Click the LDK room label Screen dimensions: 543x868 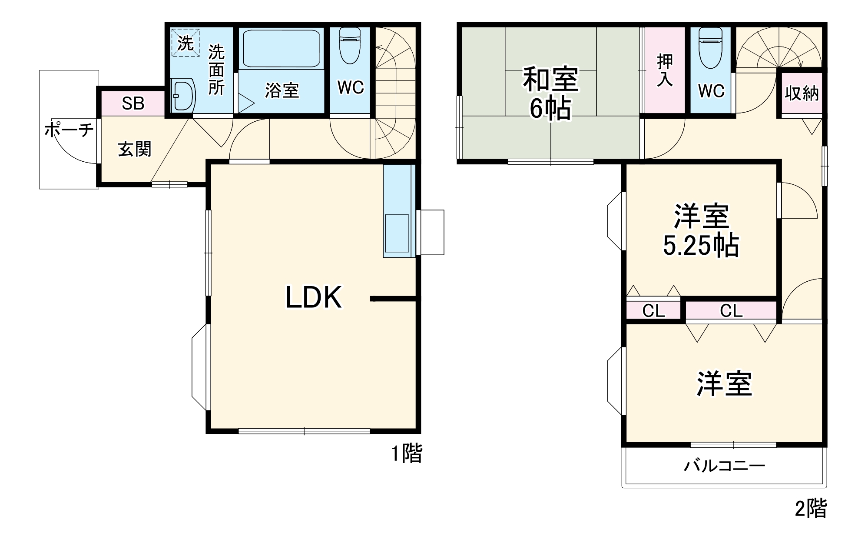pos(313,298)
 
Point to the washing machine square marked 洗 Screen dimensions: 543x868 pos(186,43)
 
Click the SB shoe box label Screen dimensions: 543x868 pos(133,104)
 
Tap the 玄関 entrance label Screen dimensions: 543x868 pos(135,150)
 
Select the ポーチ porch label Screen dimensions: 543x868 pos(69,130)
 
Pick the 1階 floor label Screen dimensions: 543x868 pos(407,454)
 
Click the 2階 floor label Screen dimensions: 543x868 pos(811,508)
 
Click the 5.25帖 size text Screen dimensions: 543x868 pos(700,246)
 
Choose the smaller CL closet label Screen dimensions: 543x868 pos(653,311)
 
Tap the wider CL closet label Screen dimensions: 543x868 pos(731,311)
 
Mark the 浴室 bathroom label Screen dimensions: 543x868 pos(282,91)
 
